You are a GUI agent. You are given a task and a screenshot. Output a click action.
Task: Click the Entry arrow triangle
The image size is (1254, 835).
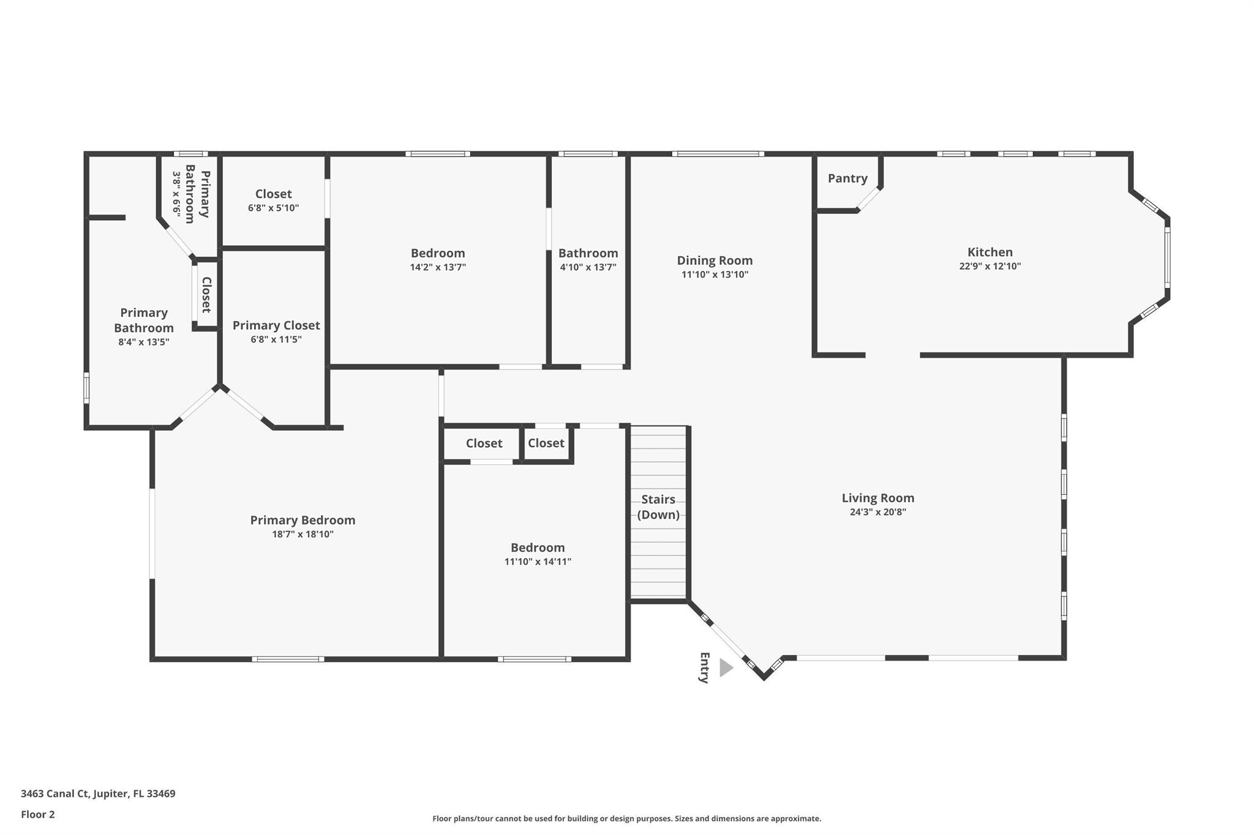(726, 667)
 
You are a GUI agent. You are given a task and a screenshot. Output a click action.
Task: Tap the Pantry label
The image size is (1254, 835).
(847, 178)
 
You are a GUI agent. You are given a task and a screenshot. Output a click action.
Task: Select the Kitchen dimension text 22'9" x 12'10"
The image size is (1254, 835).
(989, 266)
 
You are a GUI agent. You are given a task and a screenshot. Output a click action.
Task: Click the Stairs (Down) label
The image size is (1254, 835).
(658, 507)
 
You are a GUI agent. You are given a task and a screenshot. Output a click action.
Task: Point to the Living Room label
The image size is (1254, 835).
(877, 498)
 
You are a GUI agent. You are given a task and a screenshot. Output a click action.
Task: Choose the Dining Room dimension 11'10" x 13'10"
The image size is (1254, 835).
(715, 275)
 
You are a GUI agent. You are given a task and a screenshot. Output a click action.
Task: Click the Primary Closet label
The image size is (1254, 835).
(276, 325)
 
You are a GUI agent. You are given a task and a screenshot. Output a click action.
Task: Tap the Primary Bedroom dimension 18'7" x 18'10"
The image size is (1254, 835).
(302, 534)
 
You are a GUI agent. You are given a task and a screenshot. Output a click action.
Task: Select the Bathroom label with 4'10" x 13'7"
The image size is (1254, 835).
(588, 253)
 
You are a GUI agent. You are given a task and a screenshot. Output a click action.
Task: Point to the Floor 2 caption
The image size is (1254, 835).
(38, 814)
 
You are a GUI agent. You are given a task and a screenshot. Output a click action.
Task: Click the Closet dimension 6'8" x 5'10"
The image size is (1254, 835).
(273, 208)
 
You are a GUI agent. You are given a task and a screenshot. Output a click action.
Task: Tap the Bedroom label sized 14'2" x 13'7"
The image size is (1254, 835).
(438, 253)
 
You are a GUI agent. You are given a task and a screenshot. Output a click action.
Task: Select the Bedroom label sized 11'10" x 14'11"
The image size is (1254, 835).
(538, 547)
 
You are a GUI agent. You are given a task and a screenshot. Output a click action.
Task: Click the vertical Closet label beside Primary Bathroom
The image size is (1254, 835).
(206, 295)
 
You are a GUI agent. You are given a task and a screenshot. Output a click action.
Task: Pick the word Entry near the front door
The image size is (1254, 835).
(704, 667)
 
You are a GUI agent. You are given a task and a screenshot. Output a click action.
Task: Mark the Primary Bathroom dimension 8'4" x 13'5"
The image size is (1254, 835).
(144, 342)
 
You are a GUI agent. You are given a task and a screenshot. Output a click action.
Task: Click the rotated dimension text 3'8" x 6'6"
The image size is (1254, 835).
(177, 193)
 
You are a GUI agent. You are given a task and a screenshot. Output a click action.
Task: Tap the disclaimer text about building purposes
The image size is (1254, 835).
(626, 818)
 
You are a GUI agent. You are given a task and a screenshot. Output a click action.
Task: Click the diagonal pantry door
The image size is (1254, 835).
(869, 199)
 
